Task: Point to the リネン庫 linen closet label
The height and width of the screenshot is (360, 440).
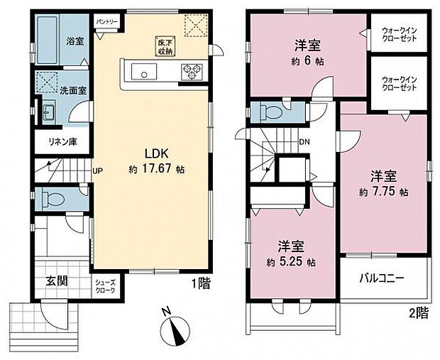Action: click(x=62, y=141)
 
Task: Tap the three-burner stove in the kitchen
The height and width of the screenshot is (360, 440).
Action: click(x=192, y=70)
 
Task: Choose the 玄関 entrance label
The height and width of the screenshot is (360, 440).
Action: click(x=58, y=280)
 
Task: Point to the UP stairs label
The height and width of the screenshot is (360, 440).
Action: click(x=99, y=170)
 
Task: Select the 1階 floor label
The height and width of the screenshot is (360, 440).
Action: click(x=200, y=283)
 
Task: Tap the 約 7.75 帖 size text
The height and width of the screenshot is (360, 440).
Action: click(x=383, y=192)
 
